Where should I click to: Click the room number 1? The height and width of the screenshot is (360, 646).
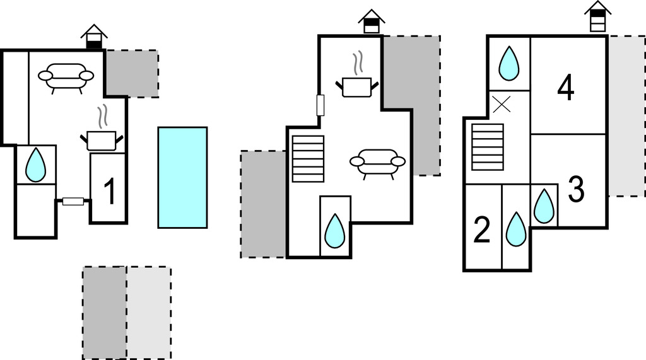point(110,192)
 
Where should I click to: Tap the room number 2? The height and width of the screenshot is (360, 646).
point(482,231)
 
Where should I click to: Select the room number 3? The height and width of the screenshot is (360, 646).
point(576,189)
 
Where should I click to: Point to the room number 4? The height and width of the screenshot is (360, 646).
point(566,88)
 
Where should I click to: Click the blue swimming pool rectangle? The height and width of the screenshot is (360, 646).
point(182,177)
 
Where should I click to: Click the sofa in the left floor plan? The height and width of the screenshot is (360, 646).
point(66,77)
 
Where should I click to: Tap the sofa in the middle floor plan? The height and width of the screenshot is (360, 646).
point(377,162)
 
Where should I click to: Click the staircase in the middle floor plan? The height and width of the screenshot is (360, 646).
point(308,159)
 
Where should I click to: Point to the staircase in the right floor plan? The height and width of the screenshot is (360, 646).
point(488,147)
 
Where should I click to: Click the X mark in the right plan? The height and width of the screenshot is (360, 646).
point(502,105)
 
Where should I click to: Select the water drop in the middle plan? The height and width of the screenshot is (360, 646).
point(334,231)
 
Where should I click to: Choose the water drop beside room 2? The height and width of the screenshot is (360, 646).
point(516,229)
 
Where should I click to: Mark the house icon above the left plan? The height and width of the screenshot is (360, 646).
point(94,37)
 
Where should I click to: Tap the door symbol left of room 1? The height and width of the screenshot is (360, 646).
point(73,202)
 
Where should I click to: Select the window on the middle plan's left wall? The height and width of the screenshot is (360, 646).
point(320,105)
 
